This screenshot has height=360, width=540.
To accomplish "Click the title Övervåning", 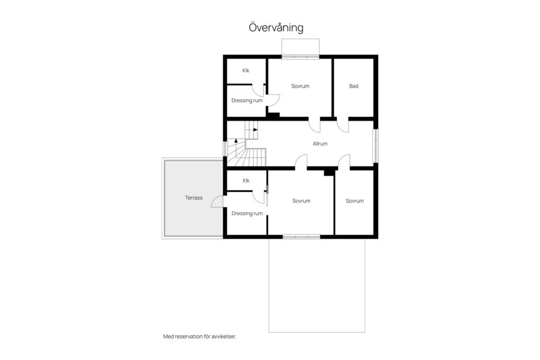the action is point(276,28).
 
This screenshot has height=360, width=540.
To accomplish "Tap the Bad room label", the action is point(354,86).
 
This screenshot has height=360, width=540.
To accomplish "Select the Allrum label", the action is point(320,143).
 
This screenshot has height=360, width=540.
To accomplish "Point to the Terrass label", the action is point(193,198).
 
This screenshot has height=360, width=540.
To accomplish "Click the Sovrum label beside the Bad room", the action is point(300,86).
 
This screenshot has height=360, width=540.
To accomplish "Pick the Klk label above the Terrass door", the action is point(246,181).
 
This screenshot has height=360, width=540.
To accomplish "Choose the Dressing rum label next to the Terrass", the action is point(247,214).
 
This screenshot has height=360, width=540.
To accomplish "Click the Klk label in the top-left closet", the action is point(246,70).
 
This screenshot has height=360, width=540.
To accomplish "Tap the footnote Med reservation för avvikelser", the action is point(199,336).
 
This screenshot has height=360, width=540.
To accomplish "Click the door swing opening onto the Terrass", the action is point(217,202).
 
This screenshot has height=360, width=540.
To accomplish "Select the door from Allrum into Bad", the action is point(343,125).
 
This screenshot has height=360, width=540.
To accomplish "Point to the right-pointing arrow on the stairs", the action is point(255,130).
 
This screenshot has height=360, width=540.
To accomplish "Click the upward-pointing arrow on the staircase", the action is point(236,140).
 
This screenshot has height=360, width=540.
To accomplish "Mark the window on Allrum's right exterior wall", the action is point(376,146).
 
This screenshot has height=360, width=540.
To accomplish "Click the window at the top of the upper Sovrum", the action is point(300,57).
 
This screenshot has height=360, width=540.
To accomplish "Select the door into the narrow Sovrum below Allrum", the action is point(344,162).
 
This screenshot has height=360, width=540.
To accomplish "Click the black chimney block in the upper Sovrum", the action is point(273,116).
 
